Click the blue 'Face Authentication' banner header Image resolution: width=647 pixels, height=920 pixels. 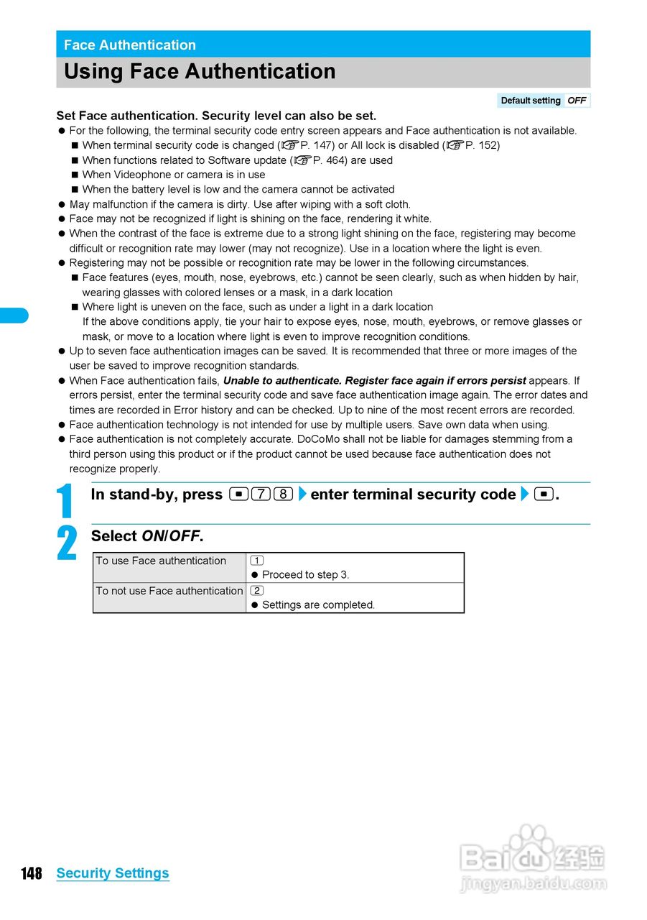click(323, 45)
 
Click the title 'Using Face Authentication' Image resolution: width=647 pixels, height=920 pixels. click(200, 72)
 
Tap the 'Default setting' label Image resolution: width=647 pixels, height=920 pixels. click(530, 101)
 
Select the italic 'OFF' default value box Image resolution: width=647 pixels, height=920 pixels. click(577, 101)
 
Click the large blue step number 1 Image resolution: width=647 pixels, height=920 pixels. click(67, 501)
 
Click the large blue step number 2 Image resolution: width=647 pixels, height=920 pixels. click(67, 543)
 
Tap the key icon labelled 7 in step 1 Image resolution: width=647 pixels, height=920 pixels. click(261, 494)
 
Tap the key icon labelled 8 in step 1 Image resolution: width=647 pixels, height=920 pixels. click(283, 494)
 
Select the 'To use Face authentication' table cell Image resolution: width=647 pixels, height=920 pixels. click(169, 567)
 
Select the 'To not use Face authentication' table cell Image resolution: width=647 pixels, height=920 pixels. click(169, 597)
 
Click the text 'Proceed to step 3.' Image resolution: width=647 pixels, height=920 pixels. click(305, 575)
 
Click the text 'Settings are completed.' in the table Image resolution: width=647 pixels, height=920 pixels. click(318, 605)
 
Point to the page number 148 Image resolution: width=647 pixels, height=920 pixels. click(32, 873)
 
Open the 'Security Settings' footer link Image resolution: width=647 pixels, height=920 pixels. click(113, 873)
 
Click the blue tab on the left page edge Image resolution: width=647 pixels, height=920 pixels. click(14, 315)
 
